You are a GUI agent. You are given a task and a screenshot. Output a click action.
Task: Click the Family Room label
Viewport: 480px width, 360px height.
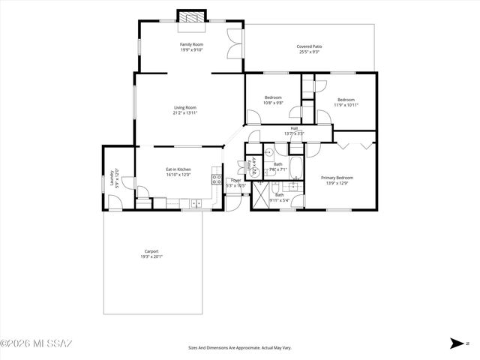tap(191, 45)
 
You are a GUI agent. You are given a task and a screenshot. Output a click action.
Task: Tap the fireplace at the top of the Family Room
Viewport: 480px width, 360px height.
tap(190, 16)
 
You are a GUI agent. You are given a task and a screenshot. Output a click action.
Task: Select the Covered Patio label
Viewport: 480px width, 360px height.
tap(308, 46)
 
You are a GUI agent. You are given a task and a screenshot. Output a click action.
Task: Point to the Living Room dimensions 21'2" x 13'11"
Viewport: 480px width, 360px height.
tap(185, 113)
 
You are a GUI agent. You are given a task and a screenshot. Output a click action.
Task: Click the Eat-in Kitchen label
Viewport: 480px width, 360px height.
tap(178, 169)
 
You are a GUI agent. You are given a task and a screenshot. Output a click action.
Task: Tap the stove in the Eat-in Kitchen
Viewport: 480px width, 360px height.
tap(216, 179)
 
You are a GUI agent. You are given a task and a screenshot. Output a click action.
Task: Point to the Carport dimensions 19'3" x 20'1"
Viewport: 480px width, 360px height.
tap(151, 256)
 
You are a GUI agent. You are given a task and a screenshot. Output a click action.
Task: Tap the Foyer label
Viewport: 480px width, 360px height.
tap(235, 180)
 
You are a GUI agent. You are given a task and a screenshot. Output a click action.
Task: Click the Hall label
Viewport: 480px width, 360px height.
tap(295, 128)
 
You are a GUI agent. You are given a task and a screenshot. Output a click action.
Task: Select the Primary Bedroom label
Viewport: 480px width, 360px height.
tap(337, 177)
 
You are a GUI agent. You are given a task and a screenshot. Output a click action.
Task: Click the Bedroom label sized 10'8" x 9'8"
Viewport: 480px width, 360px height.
tap(273, 97)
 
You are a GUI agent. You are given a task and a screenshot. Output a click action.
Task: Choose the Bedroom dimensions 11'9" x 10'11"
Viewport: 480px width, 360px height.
tap(346, 105)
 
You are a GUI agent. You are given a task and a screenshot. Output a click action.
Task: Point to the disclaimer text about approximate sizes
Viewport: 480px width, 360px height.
tap(239, 348)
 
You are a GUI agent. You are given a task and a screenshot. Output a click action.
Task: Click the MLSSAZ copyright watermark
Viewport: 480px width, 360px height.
tap(36, 344)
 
